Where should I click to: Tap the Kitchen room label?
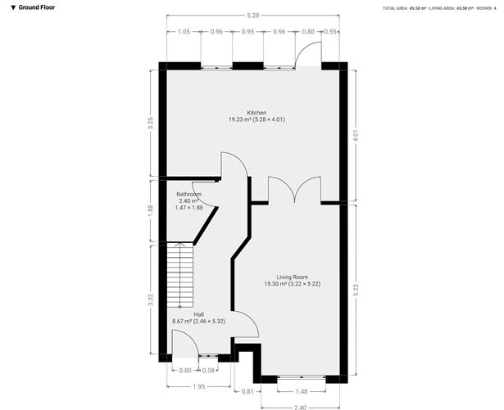257,113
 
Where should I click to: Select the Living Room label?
291,277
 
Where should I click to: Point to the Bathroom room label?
189,194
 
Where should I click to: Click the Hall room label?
198,314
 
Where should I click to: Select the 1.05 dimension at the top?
184,31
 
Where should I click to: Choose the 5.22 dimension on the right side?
354,291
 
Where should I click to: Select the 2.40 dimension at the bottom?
301,407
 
